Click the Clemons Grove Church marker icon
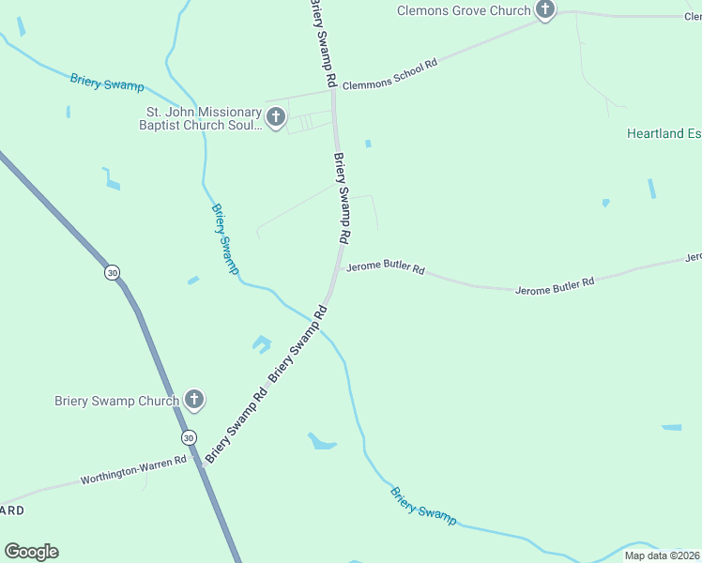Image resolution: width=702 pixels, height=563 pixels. pyautogui.click(x=545, y=10)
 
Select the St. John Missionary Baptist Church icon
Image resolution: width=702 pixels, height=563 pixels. pyautogui.click(x=275, y=117)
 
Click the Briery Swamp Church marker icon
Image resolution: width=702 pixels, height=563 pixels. pyautogui.click(x=193, y=401)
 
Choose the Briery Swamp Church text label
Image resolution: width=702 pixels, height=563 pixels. pyautogui.click(x=116, y=402)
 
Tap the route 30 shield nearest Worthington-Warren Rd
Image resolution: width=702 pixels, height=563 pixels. pyautogui.click(x=189, y=438)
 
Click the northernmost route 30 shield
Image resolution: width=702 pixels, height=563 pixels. pyautogui.click(x=113, y=272)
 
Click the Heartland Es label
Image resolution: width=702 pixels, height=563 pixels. pyautogui.click(x=664, y=134)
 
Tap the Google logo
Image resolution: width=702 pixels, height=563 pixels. pyautogui.click(x=31, y=552)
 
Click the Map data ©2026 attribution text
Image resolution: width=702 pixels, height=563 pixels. pyautogui.click(x=662, y=555)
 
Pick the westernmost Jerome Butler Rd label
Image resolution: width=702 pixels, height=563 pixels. pyautogui.click(x=385, y=268)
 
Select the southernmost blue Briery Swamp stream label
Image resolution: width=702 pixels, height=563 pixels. pyautogui.click(x=422, y=505)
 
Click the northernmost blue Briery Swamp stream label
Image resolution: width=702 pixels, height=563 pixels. pyautogui.click(x=106, y=83)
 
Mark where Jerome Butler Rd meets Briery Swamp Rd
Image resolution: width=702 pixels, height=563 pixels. pyautogui.click(x=339, y=266)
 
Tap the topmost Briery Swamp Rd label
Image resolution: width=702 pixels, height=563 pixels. pyautogui.click(x=322, y=42)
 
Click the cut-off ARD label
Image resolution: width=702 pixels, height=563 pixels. pyautogui.click(x=12, y=510)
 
